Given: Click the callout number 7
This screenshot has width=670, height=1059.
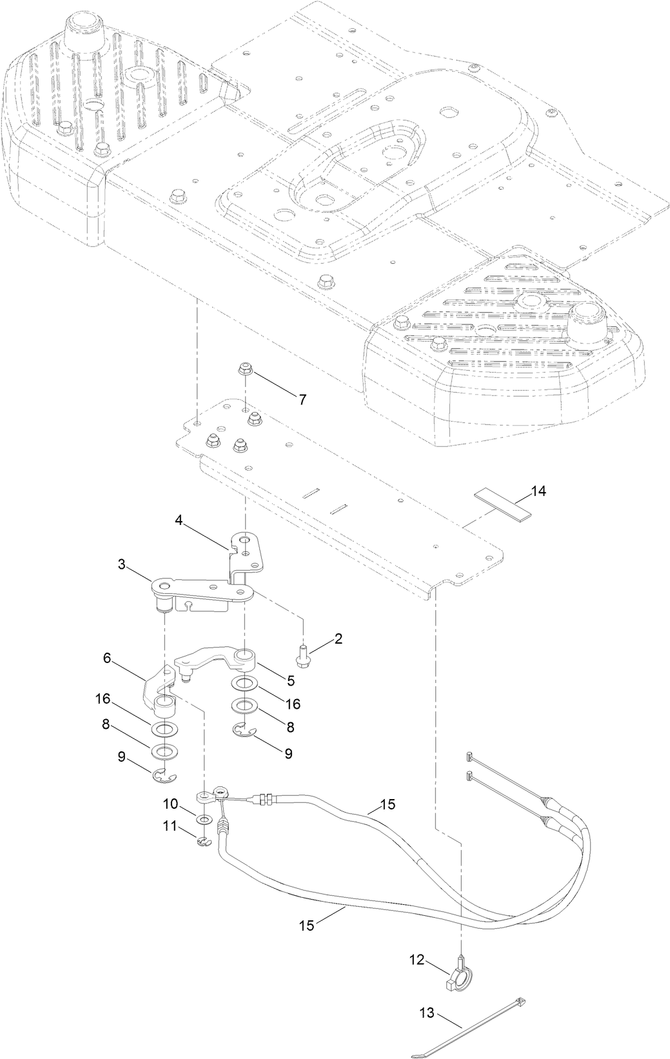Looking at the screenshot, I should pos(302,399).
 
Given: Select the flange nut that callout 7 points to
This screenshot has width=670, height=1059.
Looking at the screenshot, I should pos(245,369).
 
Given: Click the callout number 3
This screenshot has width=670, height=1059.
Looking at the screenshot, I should pos(121,565).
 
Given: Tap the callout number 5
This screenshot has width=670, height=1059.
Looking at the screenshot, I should pos(290,680).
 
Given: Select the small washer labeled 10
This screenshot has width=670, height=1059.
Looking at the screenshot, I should pos(204,819).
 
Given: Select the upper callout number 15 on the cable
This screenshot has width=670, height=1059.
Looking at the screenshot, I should pos(388,804).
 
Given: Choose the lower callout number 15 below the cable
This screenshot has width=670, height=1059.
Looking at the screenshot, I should pos(306,925).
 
